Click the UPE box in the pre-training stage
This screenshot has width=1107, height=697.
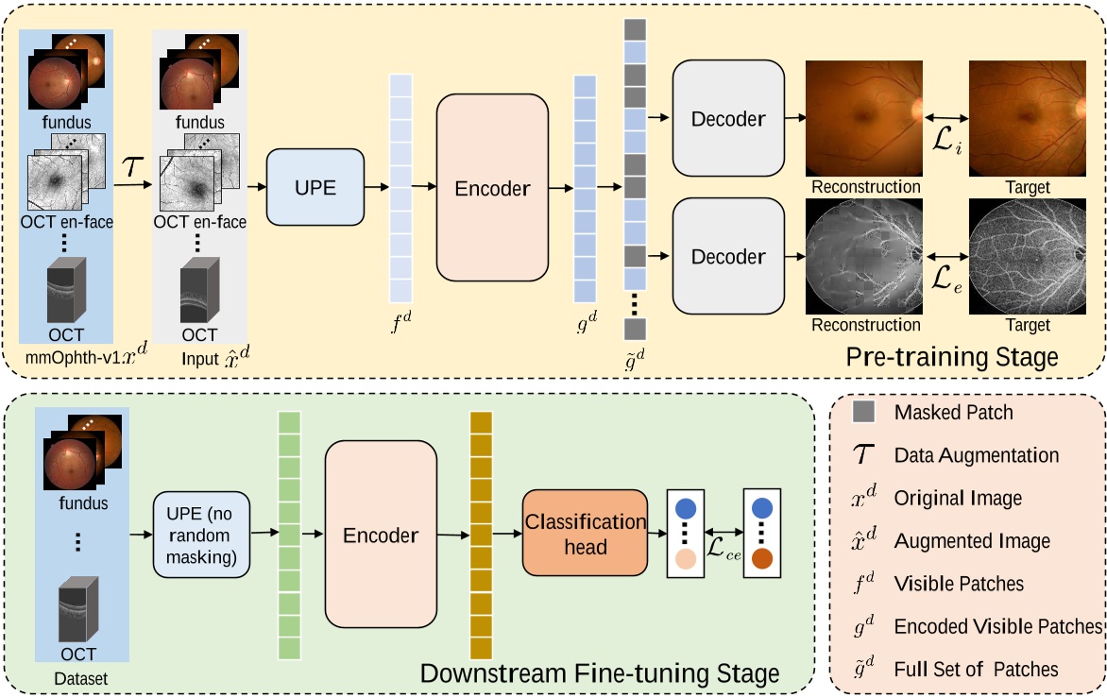315,186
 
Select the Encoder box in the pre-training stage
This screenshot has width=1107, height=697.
492,188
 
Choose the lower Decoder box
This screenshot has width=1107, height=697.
728,256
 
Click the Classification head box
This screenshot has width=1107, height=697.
585,534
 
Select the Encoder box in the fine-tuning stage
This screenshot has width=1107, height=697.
381,535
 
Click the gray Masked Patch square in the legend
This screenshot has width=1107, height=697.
863,413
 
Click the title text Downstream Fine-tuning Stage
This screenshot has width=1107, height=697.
600,673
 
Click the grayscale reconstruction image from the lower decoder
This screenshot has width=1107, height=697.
862,256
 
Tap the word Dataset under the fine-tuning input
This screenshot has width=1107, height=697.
80,678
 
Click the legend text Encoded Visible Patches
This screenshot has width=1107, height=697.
997,626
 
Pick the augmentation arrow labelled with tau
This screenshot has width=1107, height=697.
133,185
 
